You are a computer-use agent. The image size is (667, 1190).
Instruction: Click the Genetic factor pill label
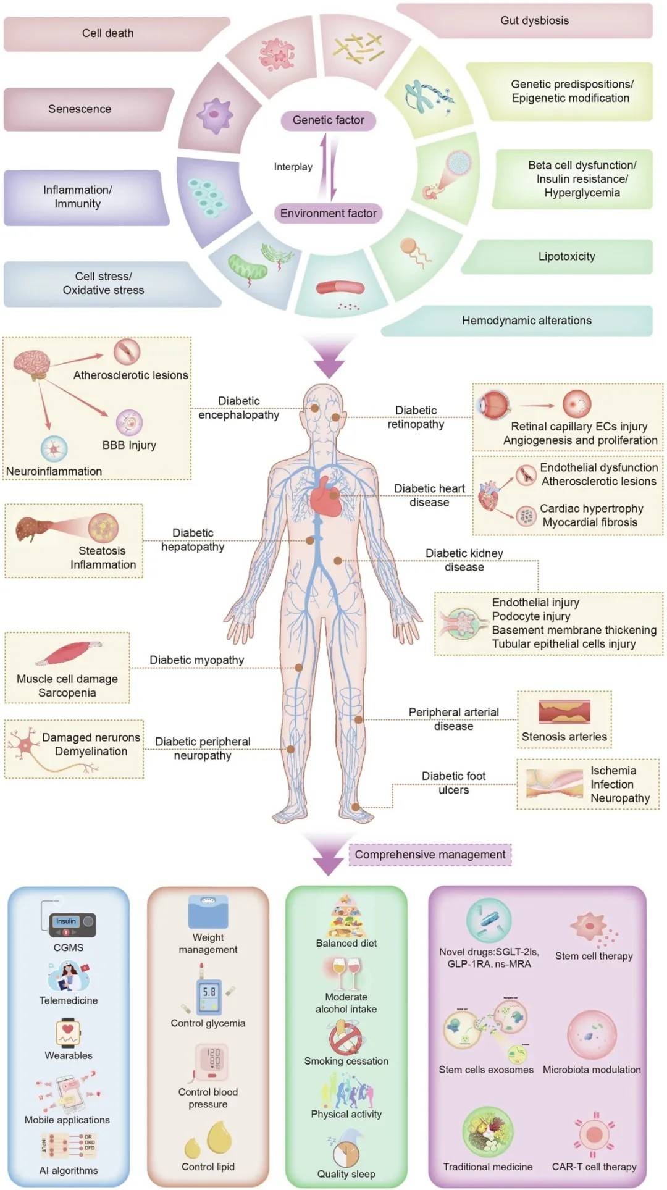(x=328, y=120)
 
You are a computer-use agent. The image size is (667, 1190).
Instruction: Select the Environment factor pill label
(x=328, y=213)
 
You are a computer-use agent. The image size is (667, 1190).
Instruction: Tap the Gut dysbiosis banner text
(x=534, y=20)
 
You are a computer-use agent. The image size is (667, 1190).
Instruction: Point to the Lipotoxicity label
(x=566, y=256)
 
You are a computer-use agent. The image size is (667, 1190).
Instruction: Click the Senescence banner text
(x=80, y=109)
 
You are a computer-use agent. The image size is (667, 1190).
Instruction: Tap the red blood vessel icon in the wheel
(x=340, y=288)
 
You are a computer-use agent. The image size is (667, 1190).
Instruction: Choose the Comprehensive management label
(x=430, y=855)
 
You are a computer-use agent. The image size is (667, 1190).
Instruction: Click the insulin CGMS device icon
(x=72, y=924)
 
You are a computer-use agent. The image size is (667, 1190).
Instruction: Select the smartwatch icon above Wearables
(x=68, y=1032)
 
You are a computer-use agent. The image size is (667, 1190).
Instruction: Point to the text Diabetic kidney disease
(x=464, y=560)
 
